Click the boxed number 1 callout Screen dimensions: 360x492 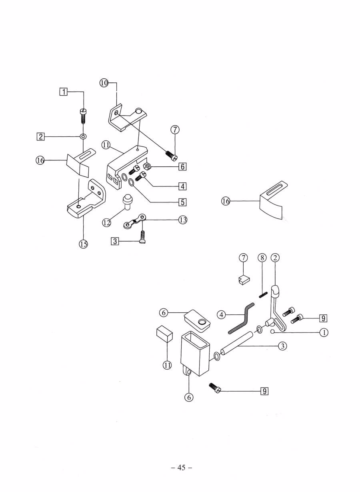coord(64,92)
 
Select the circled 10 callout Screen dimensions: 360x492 coord(104,83)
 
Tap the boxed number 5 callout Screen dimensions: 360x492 coord(182,202)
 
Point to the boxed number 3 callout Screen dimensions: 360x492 coord(115,241)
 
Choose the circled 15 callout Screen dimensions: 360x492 coord(83,244)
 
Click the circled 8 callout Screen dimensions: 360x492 coord(262,258)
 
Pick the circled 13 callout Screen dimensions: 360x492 coord(183,220)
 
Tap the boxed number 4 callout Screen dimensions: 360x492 coord(182,186)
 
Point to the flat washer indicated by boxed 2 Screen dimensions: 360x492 coord(83,136)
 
